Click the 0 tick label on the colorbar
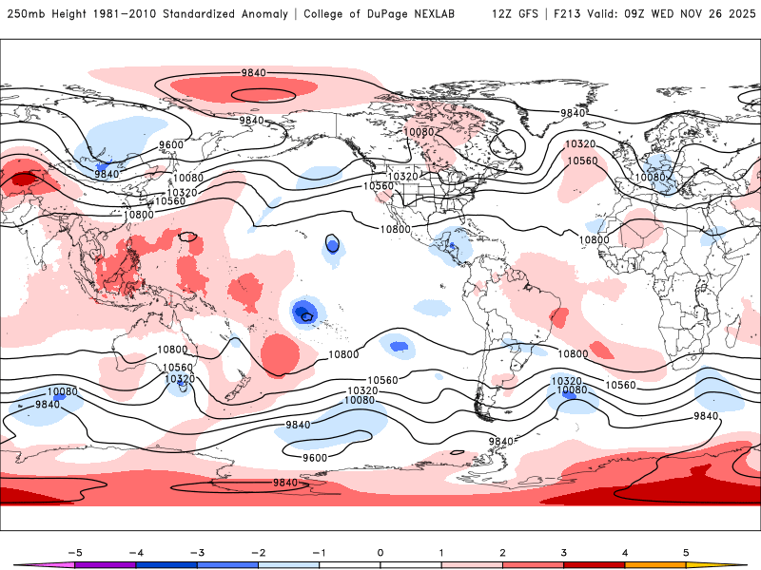380,552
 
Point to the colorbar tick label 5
687,552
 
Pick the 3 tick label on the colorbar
564,552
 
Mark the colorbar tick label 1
441,552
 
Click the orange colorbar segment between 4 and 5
656,565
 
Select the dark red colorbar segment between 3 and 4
595,565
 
